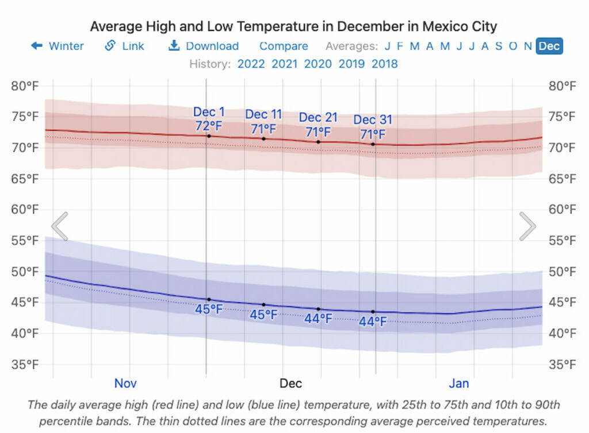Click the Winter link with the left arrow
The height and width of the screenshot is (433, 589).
[x=58, y=46]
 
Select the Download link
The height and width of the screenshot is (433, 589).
[x=204, y=46]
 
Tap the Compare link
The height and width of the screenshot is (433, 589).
[x=284, y=46]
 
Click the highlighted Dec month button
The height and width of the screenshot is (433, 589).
[x=549, y=46]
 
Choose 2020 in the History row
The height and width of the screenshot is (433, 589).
[x=318, y=64]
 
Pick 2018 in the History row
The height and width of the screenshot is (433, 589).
[x=385, y=64]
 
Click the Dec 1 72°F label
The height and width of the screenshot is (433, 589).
[x=209, y=118]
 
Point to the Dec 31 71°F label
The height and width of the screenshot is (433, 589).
[x=373, y=127]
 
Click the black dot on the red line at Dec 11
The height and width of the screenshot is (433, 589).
[x=264, y=138]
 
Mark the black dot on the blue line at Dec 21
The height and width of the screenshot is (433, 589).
[x=318, y=309]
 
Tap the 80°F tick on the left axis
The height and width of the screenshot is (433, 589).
[x=25, y=87]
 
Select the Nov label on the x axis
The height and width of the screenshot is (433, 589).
[x=125, y=383]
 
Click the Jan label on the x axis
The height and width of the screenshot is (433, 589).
[x=459, y=383]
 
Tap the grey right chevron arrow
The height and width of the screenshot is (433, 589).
[x=527, y=226]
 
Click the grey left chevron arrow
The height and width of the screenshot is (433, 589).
[x=60, y=226]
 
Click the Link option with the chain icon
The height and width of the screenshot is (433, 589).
[x=125, y=46]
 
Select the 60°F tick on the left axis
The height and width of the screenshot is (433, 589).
[x=25, y=210]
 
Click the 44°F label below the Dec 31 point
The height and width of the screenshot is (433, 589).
[x=373, y=322]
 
